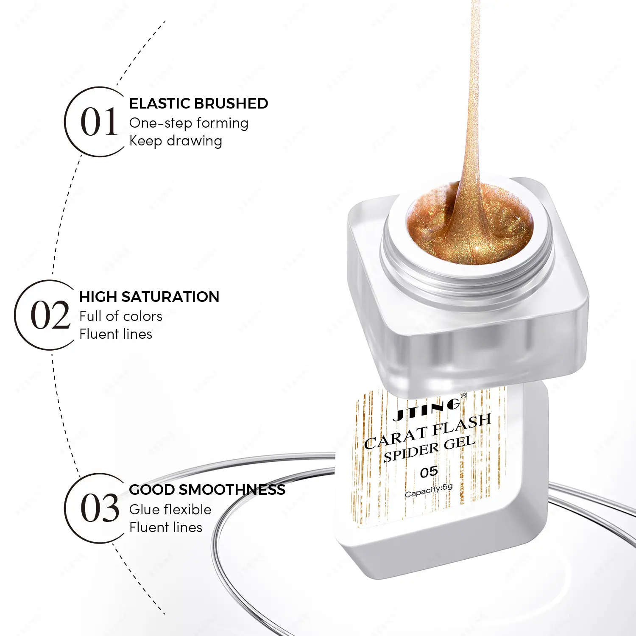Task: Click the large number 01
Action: point(99,122)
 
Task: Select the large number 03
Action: point(100,508)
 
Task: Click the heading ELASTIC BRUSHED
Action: point(198,103)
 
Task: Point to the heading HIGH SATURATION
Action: point(149,297)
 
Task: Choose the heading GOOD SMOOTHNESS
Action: point(207,490)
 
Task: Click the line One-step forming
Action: point(189,123)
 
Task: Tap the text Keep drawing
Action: point(176,141)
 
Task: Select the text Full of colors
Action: point(121,316)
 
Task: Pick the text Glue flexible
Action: point(170,509)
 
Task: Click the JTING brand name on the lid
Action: point(426,410)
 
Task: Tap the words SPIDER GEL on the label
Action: point(429,449)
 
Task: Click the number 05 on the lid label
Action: point(429,472)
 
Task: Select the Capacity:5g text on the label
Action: point(429,491)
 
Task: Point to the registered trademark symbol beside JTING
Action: point(463,396)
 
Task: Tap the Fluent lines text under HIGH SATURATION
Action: point(116,334)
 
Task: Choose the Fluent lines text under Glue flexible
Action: point(166,527)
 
